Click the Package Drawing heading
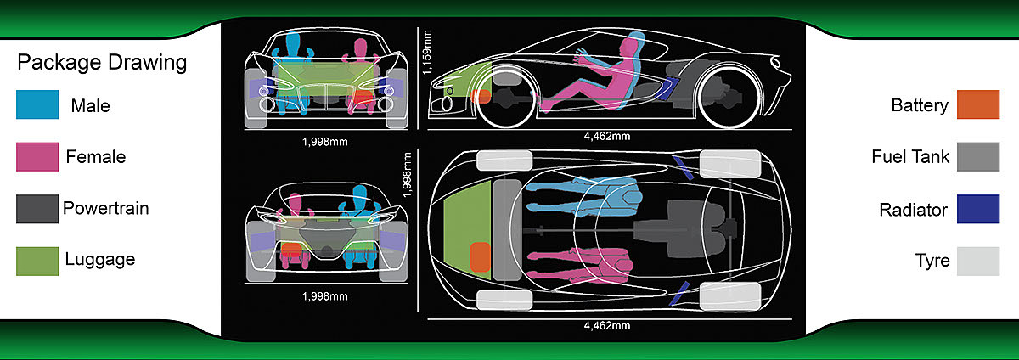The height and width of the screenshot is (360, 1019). [x=102, y=64]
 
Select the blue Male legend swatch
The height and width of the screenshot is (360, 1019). [x=37, y=105]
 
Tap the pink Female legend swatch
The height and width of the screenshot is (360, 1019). [x=37, y=157]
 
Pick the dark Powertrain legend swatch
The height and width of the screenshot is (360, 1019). [x=37, y=209]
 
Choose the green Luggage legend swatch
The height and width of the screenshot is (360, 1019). [x=37, y=260]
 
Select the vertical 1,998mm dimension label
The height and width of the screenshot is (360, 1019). [x=409, y=175]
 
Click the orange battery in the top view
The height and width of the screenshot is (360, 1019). [x=480, y=258]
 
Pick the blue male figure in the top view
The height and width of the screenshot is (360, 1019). [x=586, y=198]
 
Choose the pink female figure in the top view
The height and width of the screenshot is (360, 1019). [x=586, y=265]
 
